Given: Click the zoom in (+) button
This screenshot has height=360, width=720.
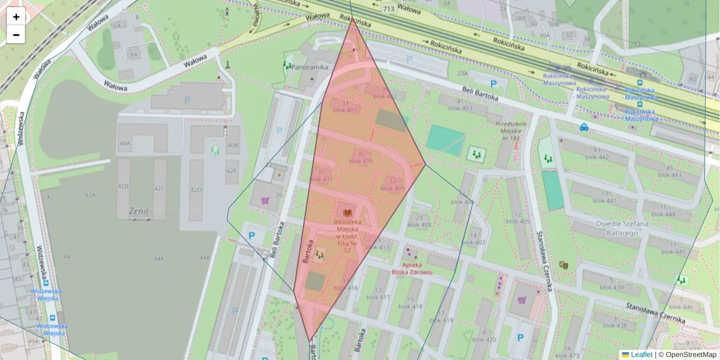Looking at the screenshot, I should point(16,17).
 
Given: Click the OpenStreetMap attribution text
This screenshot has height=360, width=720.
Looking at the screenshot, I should point(688,355).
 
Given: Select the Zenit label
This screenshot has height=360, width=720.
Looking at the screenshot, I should point(139,211).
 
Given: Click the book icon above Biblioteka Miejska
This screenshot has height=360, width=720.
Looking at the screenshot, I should point(347,212).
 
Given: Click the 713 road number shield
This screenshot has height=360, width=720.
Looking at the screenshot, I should point(388,8).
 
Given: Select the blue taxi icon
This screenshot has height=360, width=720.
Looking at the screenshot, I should point(584,127).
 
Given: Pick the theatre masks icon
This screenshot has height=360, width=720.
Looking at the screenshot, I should point(563,264).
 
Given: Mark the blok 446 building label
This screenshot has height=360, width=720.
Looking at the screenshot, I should point(681,307).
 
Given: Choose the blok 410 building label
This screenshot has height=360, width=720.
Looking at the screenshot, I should point(361,161).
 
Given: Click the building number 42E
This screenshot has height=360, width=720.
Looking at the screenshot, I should point(232,171).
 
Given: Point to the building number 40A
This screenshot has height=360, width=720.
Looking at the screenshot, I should point(125,144).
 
